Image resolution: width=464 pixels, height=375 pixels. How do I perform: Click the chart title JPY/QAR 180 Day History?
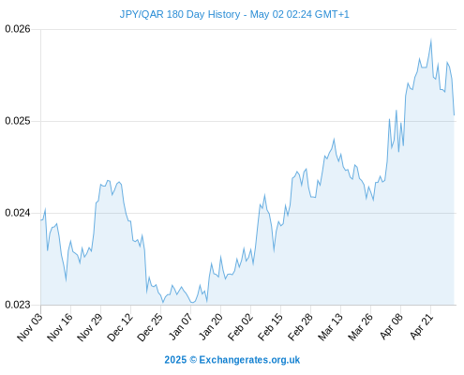(180, 14)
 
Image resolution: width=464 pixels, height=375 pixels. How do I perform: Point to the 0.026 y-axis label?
(18, 29)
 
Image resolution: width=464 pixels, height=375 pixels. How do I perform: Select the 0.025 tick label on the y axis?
(18, 121)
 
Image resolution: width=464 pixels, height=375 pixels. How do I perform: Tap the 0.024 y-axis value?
(18, 213)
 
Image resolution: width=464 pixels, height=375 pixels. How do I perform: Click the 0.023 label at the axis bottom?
(18, 305)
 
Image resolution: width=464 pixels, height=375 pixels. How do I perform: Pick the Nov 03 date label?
(30, 327)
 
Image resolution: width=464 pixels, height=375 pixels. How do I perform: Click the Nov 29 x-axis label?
(90, 327)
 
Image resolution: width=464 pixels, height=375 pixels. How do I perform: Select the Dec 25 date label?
(150, 327)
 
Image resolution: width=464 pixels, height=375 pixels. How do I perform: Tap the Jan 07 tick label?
(180, 327)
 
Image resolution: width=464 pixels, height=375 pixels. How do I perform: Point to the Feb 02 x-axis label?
(240, 327)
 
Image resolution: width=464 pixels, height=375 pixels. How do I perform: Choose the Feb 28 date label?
(300, 327)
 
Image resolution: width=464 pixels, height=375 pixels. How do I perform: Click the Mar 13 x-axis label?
(330, 327)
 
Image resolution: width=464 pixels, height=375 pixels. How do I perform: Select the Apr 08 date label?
(391, 327)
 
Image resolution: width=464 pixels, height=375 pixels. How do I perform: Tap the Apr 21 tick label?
(421, 327)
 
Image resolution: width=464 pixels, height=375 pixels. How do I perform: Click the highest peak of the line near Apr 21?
(431, 40)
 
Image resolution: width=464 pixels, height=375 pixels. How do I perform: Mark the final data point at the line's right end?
(454, 115)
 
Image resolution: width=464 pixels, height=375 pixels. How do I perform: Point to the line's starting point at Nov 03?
(41, 220)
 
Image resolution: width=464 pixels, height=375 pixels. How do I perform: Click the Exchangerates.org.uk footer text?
(249, 360)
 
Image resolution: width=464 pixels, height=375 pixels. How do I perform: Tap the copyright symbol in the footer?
(193, 360)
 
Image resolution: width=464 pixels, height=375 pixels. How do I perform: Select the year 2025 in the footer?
(175, 360)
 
